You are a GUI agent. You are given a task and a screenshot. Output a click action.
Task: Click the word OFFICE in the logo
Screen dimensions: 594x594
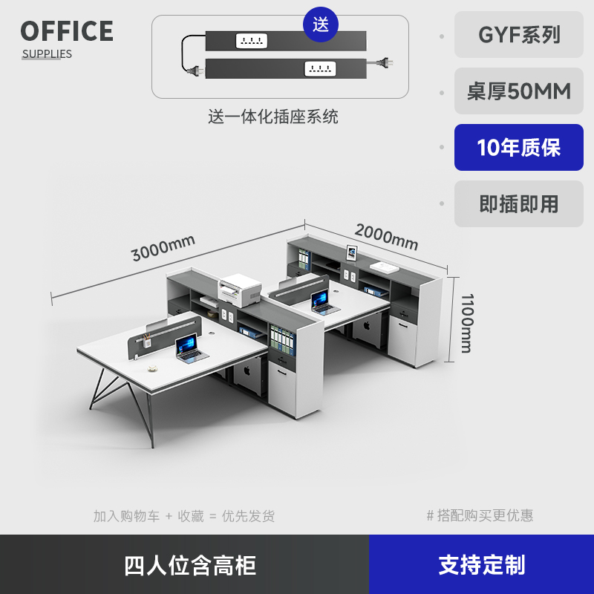point(67,31)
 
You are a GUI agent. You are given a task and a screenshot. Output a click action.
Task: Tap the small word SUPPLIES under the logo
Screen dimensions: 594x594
point(47,53)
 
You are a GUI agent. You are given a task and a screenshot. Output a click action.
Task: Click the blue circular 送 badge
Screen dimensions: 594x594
point(321,25)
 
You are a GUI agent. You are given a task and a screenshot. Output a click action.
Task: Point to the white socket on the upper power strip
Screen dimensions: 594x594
point(251,40)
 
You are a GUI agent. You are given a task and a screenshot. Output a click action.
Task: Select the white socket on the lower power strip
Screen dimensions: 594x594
point(320,69)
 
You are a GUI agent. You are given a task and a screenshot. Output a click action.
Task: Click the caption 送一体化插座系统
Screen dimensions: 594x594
point(272,117)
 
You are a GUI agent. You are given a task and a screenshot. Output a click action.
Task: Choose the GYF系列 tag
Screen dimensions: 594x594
point(519,35)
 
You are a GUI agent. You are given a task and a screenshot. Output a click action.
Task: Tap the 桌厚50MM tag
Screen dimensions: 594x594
point(519,91)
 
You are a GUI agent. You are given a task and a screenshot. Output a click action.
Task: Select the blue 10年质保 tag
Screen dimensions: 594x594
point(519,147)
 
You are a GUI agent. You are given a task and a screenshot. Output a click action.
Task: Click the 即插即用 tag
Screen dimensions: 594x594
point(519,203)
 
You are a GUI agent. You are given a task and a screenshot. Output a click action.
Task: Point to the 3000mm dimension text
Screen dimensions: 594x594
point(163,247)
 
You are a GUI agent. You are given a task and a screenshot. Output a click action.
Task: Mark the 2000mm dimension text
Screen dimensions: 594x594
point(386,237)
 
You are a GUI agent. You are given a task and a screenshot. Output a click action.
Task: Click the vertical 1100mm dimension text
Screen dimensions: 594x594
point(466,323)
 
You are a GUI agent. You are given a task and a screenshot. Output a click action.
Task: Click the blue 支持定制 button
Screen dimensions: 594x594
point(481,565)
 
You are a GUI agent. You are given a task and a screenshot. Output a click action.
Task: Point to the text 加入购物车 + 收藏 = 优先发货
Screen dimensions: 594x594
point(184,516)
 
